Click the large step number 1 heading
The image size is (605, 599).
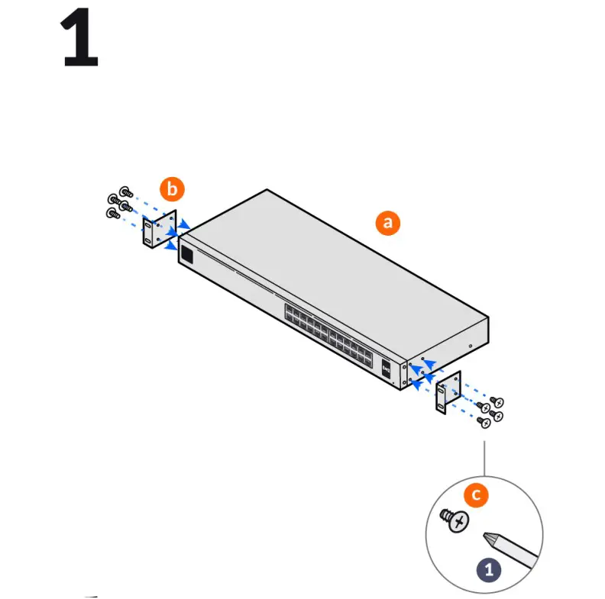point(79,38)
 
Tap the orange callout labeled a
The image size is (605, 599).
point(387,222)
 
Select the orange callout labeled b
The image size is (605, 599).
point(171,188)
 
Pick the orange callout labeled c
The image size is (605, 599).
point(476,494)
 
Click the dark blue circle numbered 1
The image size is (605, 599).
point(489,568)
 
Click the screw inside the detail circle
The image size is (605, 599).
point(457,521)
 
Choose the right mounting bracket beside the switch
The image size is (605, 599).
point(449,393)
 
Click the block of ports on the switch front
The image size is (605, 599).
point(328,331)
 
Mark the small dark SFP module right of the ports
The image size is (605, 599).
point(387,367)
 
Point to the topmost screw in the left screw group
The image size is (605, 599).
point(126,193)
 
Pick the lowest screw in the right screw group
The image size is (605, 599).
point(482,420)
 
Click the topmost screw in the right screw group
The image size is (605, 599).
point(497,401)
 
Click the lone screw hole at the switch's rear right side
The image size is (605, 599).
point(471,346)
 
